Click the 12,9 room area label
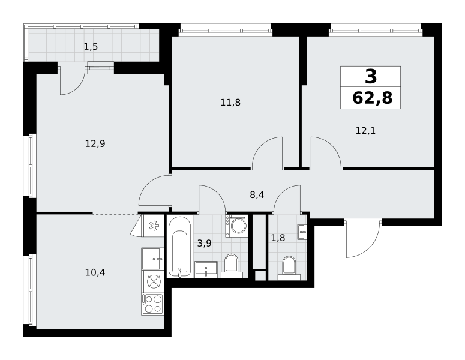tap(95, 144)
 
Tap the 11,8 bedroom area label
tap(230, 103)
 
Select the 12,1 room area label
tap(365, 130)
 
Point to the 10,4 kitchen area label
tap(95, 272)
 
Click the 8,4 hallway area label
tap(257, 195)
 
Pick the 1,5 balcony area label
tap(91, 47)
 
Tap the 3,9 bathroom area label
tap(205, 244)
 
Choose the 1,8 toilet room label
tap(278, 238)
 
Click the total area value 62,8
tap(372, 98)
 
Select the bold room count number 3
tap(371, 76)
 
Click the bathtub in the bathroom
tap(180, 247)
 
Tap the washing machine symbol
tap(236, 226)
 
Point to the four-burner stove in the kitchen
tap(153, 304)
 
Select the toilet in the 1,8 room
tap(289, 268)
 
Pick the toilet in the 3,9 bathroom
tap(232, 266)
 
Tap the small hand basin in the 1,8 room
tap(302, 232)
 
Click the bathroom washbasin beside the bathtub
tap(206, 269)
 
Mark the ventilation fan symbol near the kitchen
tap(154, 226)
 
